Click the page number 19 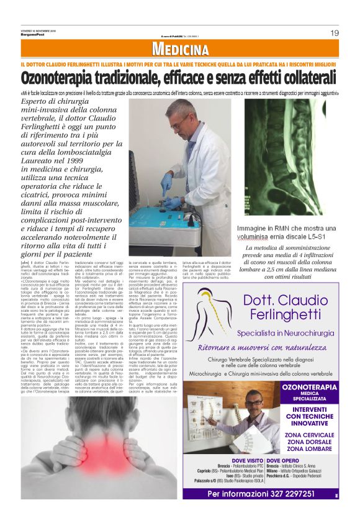pos(334,33)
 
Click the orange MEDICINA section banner pos(179,49)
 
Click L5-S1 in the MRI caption pos(316,237)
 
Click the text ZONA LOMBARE pos(308,448)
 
